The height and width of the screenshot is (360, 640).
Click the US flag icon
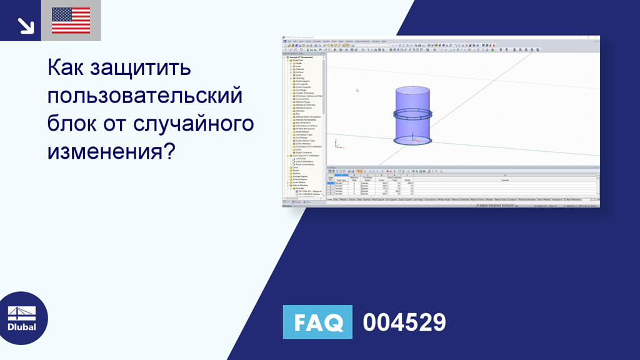pyautogui.click(x=71, y=21)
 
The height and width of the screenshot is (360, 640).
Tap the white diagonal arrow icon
pyautogui.click(x=26, y=25)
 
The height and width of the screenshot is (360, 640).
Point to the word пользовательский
pyautogui.click(x=145, y=96)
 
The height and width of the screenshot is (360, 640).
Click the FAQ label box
pyautogui.click(x=317, y=322)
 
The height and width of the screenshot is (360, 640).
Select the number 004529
pyautogui.click(x=404, y=322)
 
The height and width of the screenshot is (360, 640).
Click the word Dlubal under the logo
pyautogui.click(x=22, y=327)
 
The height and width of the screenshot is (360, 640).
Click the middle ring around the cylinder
pyautogui.click(x=412, y=114)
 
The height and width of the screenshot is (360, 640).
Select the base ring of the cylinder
pyautogui.click(x=412, y=141)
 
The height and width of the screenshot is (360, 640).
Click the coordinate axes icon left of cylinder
pyautogui.click(x=337, y=144)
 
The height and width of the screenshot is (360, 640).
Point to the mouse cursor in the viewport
pyautogui.click(x=357, y=90)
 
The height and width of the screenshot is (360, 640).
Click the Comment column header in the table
pyautogui.click(x=504, y=179)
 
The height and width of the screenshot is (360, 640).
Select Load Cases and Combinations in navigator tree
pyautogui.click(x=306, y=156)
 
